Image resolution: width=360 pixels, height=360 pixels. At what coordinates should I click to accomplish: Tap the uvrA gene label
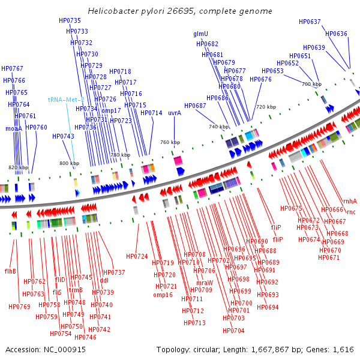[175, 113]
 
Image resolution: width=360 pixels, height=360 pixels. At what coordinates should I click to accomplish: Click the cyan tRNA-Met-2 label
[67, 100]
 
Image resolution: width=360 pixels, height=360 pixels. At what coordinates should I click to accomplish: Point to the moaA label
[14, 128]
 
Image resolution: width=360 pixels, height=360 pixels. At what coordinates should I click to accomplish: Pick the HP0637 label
[310, 22]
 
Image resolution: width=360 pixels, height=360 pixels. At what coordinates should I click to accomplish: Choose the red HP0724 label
[137, 256]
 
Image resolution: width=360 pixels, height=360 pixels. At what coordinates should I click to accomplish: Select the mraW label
[204, 283]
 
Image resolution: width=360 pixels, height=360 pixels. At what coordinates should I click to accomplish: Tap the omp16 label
[163, 295]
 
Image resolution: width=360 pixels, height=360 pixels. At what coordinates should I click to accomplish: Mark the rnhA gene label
[349, 202]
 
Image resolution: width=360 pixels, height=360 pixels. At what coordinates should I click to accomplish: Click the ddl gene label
[104, 280]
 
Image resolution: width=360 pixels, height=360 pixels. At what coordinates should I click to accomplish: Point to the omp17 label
[111, 110]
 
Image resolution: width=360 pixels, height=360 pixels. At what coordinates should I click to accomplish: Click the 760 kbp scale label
[170, 142]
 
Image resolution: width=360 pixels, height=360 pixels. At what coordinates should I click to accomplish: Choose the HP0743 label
[63, 136]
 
